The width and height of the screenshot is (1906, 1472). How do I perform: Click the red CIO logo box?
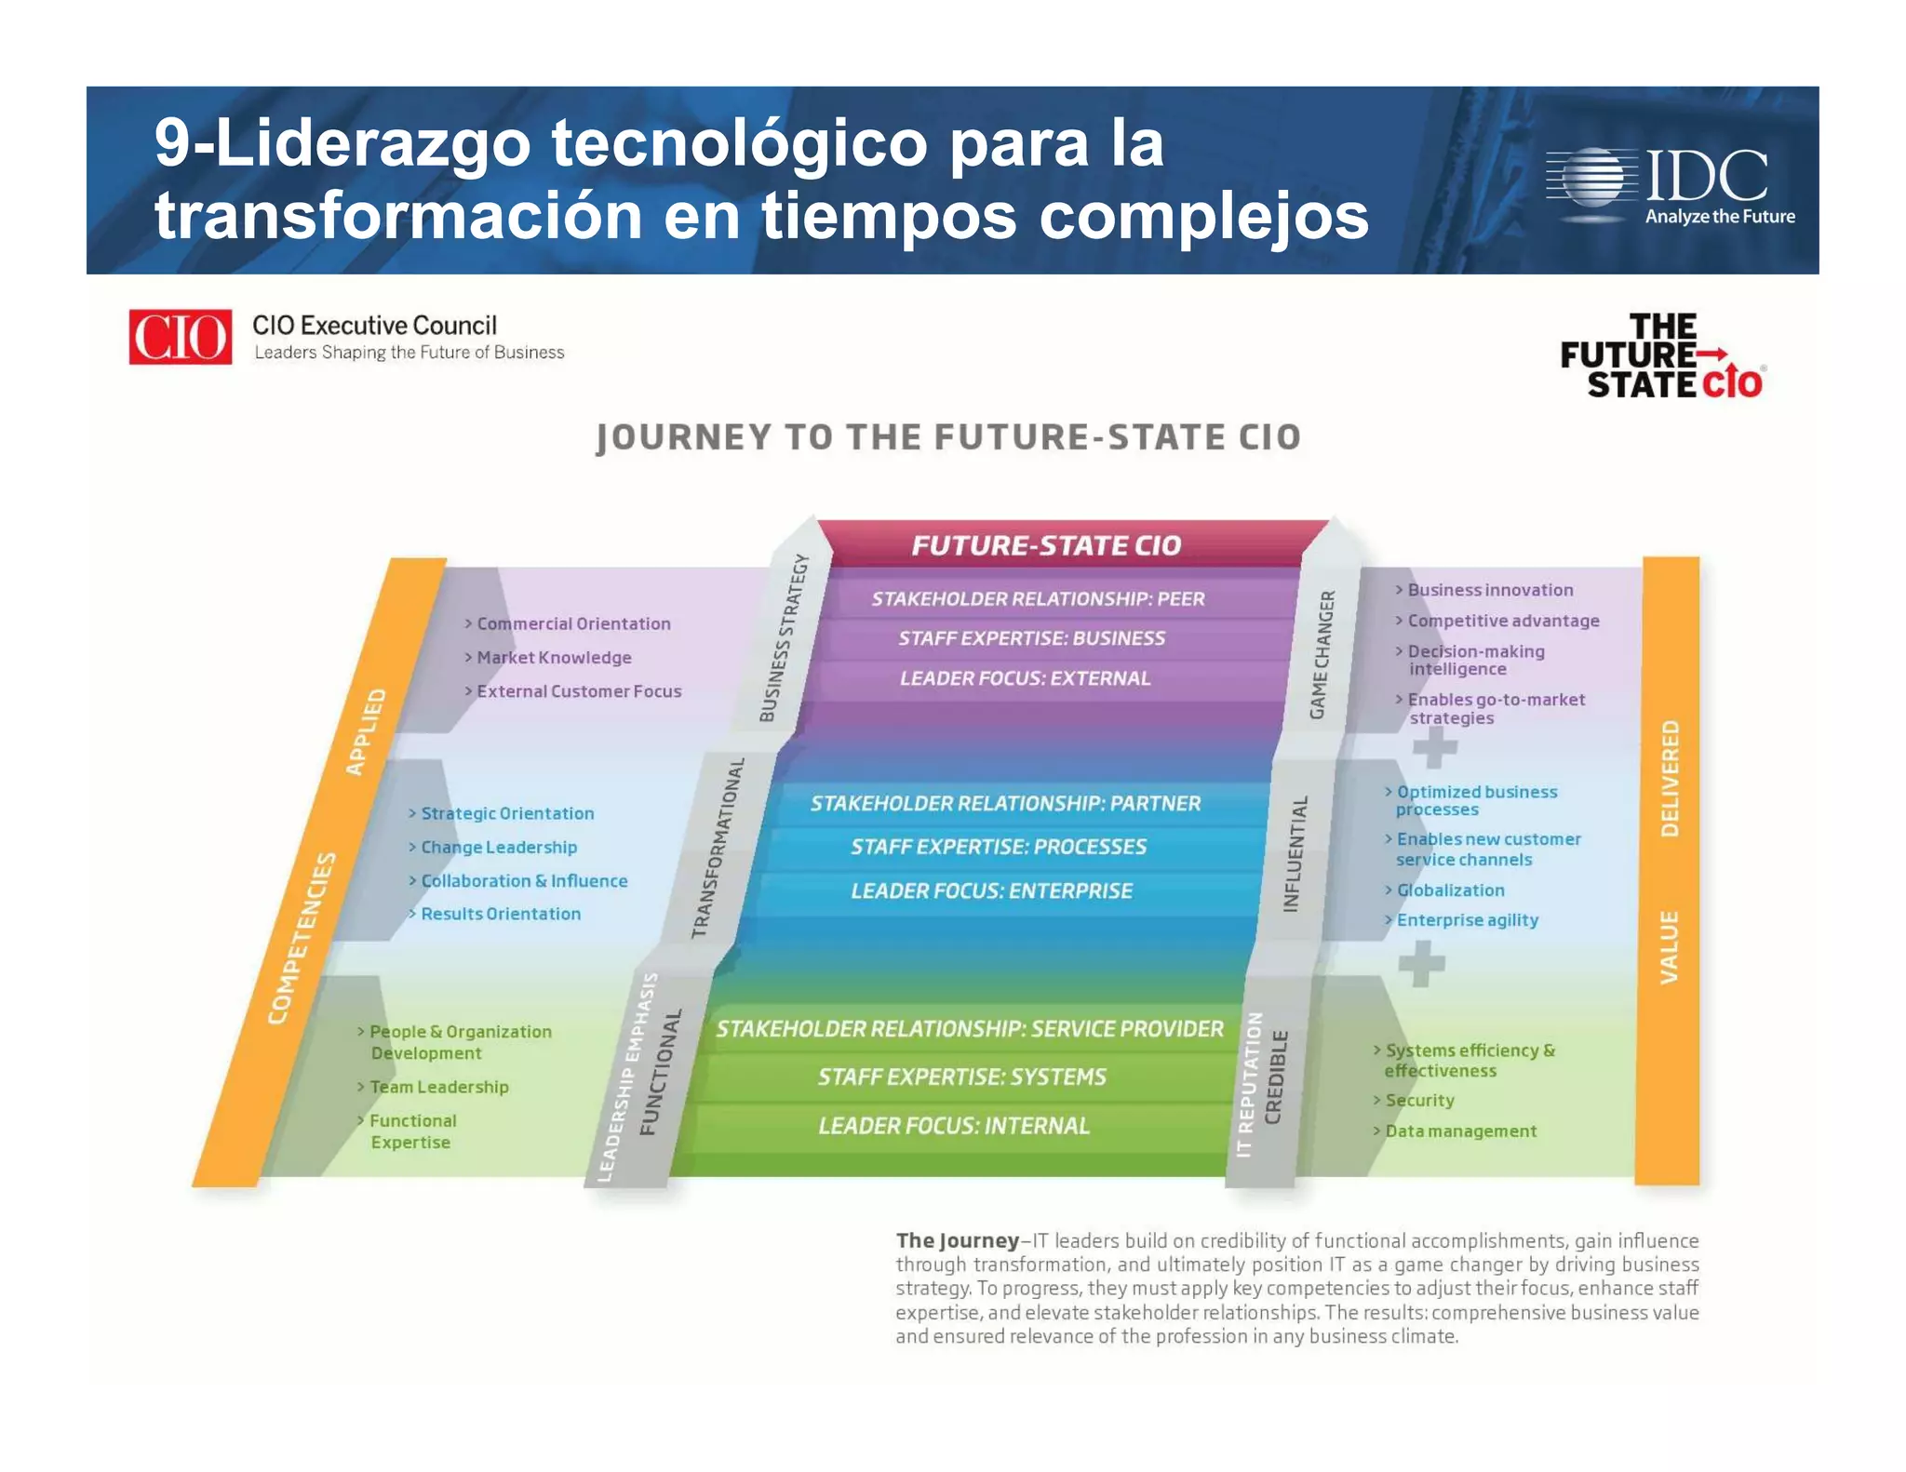coord(180,337)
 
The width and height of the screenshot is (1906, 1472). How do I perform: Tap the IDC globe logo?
coord(1592,177)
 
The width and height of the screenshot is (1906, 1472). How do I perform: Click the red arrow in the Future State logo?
coord(1712,354)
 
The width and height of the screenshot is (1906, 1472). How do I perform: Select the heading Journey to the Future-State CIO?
coord(947,437)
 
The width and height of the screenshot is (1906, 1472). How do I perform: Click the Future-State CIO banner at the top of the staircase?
coord(1046,545)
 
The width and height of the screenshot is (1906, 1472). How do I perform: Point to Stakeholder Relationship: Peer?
coord(1038,599)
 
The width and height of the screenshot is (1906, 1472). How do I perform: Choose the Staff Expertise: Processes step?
coord(998,847)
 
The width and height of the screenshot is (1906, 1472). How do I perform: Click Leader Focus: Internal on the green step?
coord(954,1126)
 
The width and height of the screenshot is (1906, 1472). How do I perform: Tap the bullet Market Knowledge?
coord(554,658)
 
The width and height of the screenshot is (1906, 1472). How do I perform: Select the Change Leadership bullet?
coord(499,848)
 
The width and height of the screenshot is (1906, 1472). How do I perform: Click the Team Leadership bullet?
coord(439,1087)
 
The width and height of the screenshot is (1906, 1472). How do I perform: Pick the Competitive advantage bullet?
coord(1503,621)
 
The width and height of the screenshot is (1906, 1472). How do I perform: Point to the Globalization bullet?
coord(1450,890)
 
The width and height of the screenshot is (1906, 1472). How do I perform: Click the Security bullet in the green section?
coord(1419,1100)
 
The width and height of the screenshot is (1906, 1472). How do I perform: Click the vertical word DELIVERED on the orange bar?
coord(1671,778)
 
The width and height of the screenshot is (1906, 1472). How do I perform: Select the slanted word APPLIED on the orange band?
coord(366,732)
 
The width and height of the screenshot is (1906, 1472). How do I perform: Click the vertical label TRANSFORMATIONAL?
coord(718,848)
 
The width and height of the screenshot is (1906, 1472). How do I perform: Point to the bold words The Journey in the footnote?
coord(958,1240)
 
